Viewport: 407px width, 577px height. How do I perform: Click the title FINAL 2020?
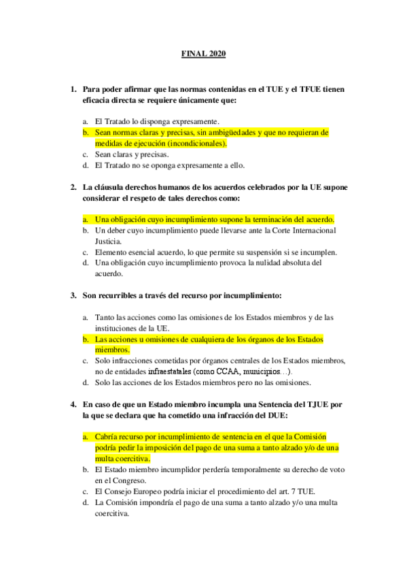203,54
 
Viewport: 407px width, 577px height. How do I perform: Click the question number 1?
73,89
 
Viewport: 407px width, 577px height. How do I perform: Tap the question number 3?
73,296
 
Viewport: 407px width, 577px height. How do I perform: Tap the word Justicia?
108,241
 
